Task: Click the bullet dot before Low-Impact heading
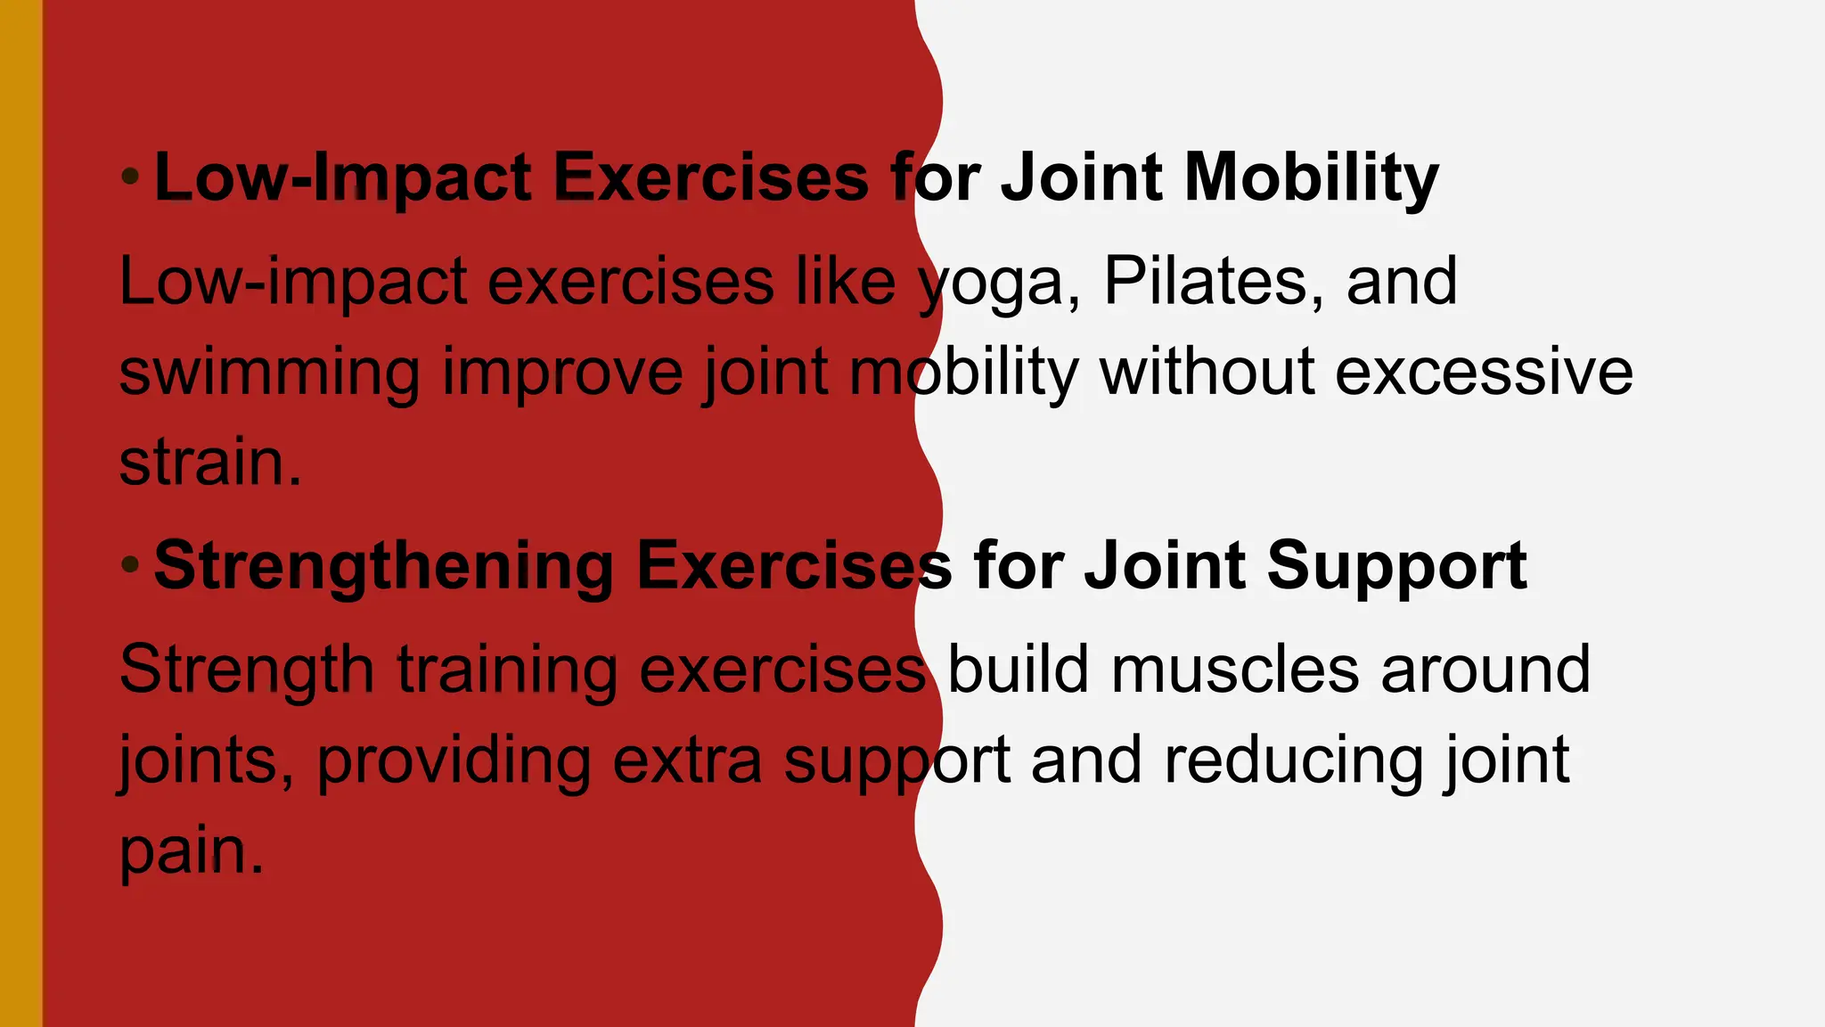130,177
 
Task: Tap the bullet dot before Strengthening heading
130,564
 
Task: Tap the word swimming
269,374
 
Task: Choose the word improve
561,374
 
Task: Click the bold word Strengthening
383,567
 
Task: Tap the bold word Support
1396,567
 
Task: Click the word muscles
1235,670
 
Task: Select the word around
1485,670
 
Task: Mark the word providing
454,763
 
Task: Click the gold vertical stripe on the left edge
20,513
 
